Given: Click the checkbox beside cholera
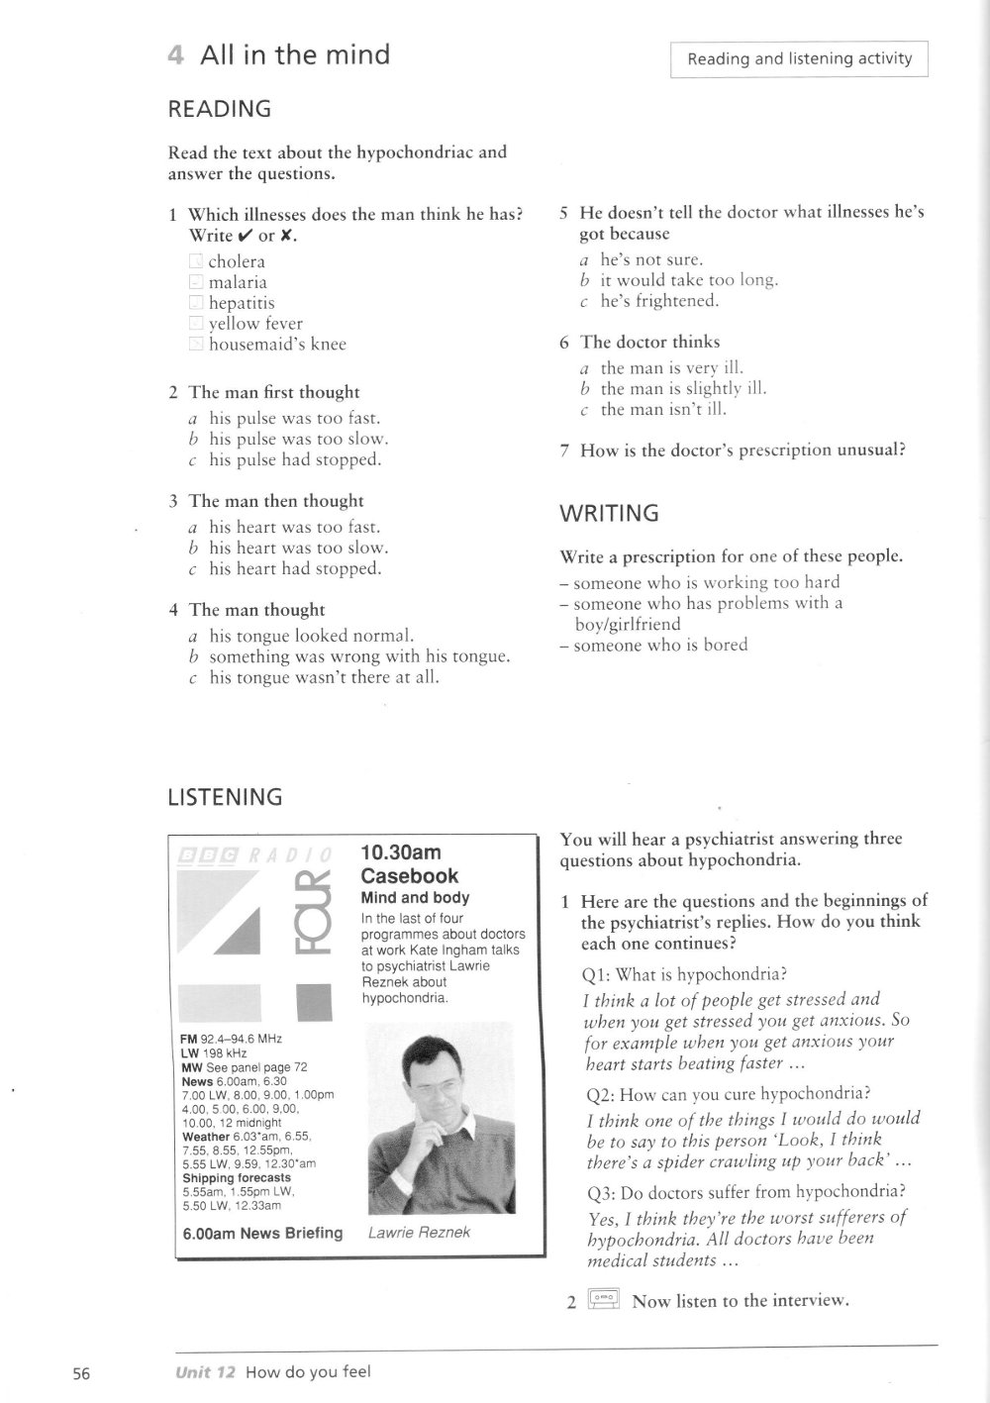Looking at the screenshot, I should coord(196,262).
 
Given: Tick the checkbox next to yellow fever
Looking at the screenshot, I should coord(196,324).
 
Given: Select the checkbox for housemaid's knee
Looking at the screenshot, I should coord(196,345).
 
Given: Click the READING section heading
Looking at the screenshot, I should coord(220,109).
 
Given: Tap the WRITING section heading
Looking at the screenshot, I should coord(609,513).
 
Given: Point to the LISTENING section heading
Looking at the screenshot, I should coord(225,797).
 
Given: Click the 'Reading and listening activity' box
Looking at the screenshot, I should coord(799,59).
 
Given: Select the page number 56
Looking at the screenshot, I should coord(81,1373).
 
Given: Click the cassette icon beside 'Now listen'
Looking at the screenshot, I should coord(603,1299).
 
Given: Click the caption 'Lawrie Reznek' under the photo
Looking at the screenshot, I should coord(419,1233).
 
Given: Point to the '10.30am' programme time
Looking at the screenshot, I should coord(401,852).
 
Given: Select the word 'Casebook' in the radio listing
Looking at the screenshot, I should coord(410,876).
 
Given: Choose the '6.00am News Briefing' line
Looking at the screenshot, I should coord(262,1233).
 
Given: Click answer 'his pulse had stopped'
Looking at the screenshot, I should coord(294,459).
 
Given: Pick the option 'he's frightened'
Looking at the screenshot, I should coord(659,301).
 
